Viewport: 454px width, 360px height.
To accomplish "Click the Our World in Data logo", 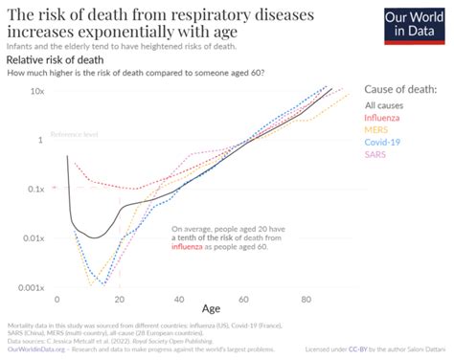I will pos(414,24).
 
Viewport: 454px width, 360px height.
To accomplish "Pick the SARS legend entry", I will pos(375,154).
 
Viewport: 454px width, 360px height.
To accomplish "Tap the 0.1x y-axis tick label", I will pos(35,189).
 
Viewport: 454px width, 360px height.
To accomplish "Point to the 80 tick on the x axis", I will pos(306,300).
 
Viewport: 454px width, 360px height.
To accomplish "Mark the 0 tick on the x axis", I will pos(58,300).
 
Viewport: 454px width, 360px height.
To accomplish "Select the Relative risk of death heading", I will pos(50,59).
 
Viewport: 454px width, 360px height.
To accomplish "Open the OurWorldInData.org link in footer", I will pos(36,349).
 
